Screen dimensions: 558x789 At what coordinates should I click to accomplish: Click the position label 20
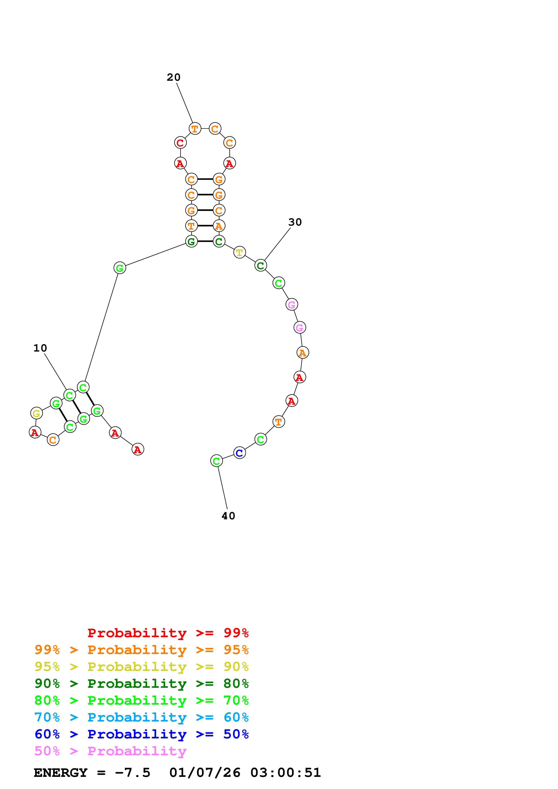click(x=173, y=77)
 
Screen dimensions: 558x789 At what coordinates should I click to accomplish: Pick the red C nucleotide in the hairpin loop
click(x=180, y=143)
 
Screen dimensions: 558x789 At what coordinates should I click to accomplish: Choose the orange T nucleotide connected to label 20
click(x=195, y=129)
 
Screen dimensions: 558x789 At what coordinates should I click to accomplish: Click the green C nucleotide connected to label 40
click(x=216, y=461)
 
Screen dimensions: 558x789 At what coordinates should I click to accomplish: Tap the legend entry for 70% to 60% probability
click(x=141, y=717)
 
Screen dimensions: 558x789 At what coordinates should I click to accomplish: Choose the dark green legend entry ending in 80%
click(x=141, y=684)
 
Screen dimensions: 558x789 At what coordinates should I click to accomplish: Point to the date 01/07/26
click(x=205, y=773)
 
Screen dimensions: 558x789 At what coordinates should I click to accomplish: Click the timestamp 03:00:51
click(x=285, y=773)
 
